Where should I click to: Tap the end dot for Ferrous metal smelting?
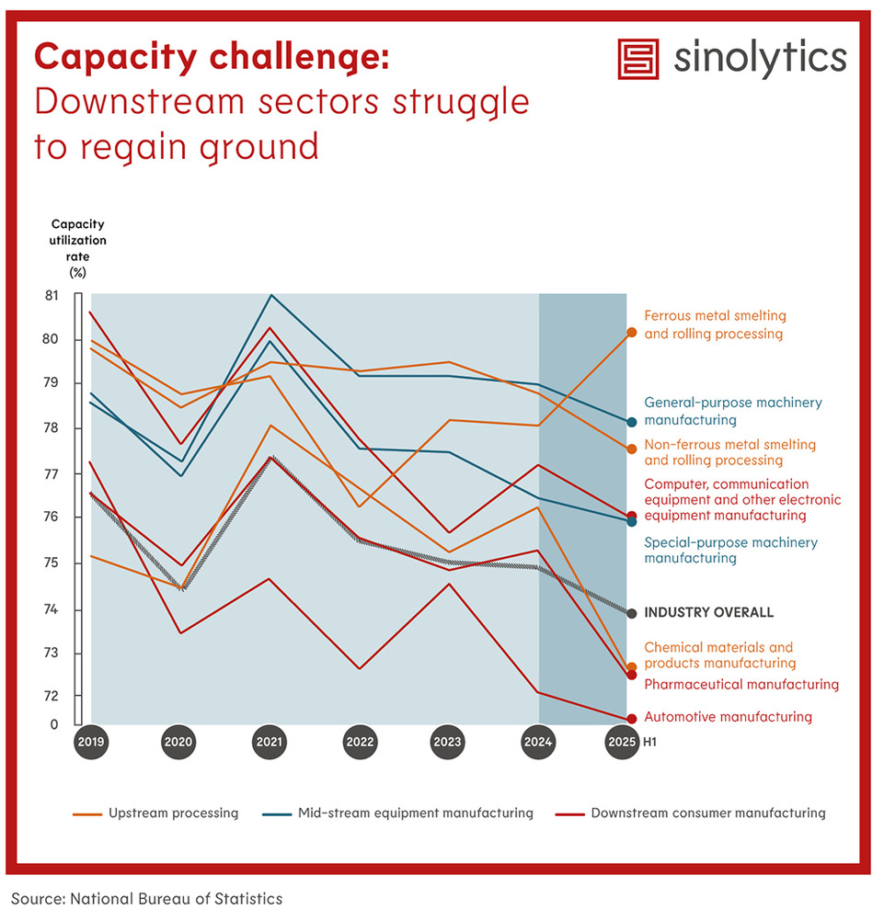point(632,333)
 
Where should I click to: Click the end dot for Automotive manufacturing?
point(632,719)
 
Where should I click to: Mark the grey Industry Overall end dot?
point(631,613)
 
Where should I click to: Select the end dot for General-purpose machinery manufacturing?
point(632,422)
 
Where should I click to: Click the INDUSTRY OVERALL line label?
point(708,613)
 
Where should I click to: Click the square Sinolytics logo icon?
point(640,59)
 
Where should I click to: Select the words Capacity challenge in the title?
point(212,57)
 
